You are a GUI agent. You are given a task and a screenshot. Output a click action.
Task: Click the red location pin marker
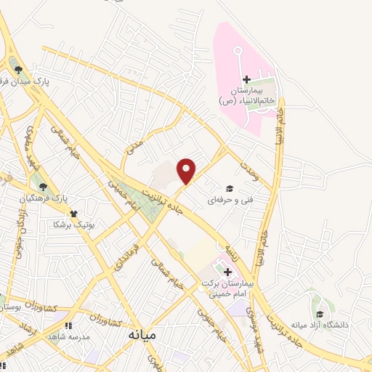187,171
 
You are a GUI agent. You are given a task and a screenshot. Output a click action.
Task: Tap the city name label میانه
142,336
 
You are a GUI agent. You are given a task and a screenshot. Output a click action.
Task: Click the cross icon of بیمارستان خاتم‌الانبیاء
246,79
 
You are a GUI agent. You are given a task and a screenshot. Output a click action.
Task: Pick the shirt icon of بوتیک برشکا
73,214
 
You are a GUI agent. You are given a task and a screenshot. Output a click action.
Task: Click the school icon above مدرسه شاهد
69,326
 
